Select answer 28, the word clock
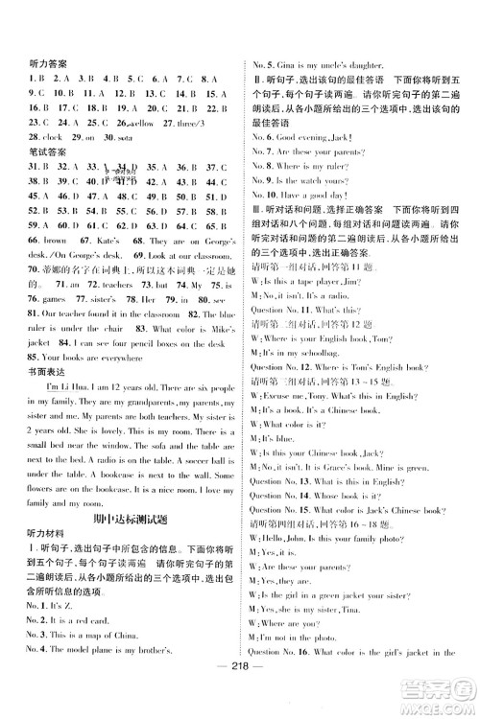click(50, 137)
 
